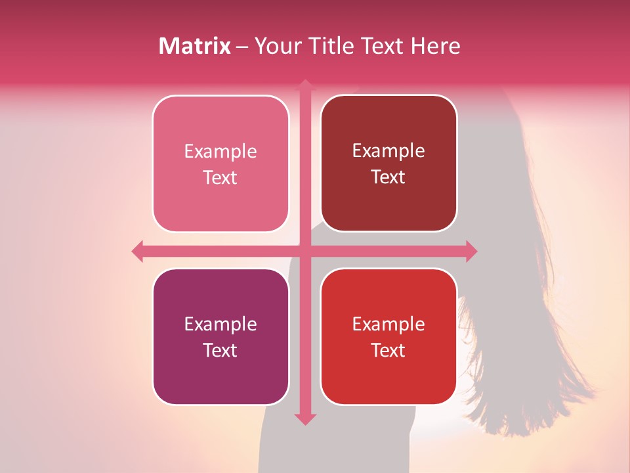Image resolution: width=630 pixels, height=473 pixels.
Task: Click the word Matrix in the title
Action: coord(194,46)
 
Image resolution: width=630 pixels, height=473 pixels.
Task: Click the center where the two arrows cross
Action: coord(305,251)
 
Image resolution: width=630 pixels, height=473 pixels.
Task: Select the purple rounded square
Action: coord(220,374)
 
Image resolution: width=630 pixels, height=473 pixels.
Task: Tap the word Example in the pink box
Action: coord(220,152)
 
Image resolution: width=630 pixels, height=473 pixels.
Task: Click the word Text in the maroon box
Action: coord(388,177)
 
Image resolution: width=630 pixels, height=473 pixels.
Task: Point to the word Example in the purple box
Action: coord(220,325)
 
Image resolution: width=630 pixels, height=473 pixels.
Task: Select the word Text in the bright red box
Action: coord(388,351)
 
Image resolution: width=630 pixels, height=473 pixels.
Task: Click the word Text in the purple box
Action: coord(220,351)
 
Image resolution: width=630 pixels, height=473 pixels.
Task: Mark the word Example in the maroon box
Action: coord(388,151)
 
